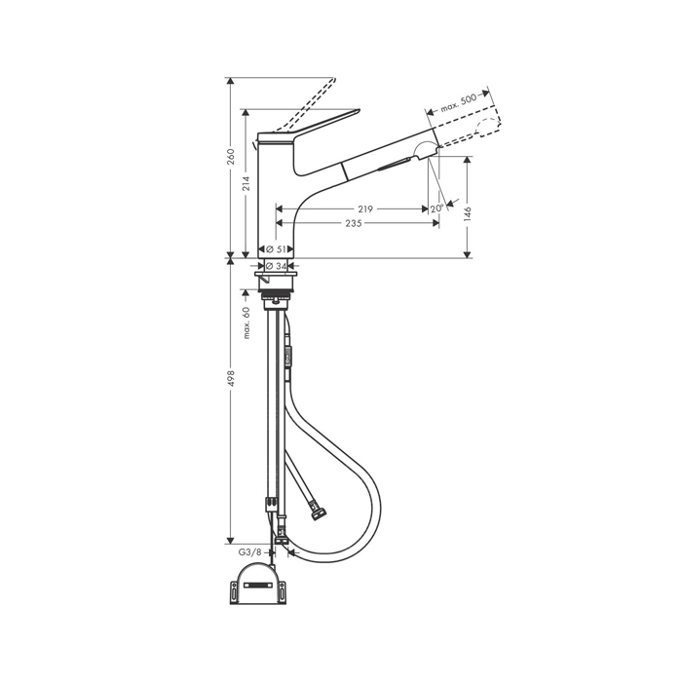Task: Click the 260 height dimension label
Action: (231, 157)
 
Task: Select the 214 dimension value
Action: (246, 183)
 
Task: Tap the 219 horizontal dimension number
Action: (365, 209)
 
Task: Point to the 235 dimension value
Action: (354, 223)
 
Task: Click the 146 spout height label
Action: (468, 215)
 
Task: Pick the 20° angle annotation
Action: (436, 208)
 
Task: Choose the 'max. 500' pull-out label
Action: (459, 103)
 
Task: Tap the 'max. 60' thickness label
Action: (246, 322)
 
